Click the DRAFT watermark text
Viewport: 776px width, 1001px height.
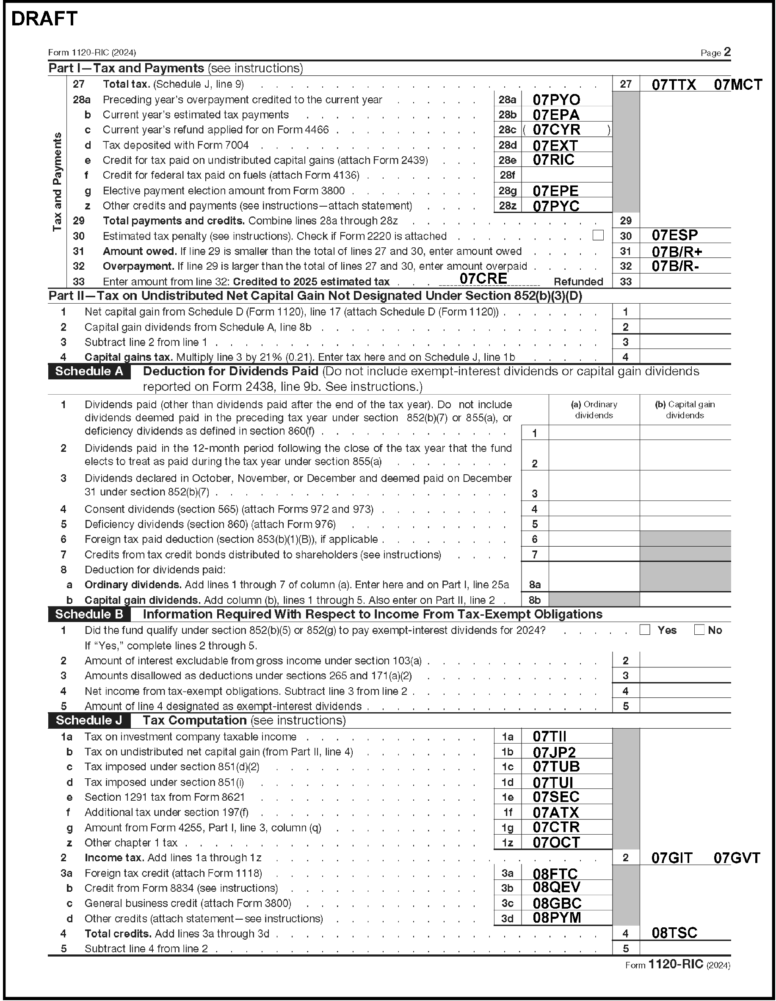pos(44,19)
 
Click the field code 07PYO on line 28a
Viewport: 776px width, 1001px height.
pos(556,100)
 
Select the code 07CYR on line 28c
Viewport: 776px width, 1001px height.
pos(556,130)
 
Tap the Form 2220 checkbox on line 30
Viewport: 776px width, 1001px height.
pos(598,235)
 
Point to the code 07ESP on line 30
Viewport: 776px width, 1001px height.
pos(674,235)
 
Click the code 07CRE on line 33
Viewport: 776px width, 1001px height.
pos(483,278)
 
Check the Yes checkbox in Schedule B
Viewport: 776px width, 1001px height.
pos(645,630)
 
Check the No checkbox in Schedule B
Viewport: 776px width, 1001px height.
pos(699,630)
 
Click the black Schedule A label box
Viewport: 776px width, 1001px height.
pos(89,371)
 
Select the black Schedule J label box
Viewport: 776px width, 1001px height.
pos(89,721)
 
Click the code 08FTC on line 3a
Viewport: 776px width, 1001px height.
pos(555,874)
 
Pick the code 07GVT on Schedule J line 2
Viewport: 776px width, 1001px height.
pos(737,858)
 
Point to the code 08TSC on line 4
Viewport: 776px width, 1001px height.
pos(674,933)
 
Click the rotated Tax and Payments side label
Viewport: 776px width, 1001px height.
pos(57,182)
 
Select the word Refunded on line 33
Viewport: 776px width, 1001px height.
pos(578,282)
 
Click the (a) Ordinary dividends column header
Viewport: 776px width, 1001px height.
pos(594,410)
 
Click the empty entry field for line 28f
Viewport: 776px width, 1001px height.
pos(566,174)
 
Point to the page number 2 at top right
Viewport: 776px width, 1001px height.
pos(727,52)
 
